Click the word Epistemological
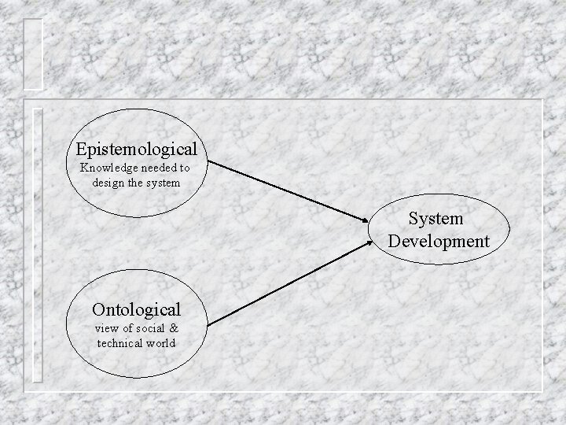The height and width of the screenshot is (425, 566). (137, 147)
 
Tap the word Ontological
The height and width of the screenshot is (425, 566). (136, 309)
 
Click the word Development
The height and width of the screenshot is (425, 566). (438, 240)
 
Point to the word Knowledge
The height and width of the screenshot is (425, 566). (108, 168)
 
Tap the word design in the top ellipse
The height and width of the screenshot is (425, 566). (108, 182)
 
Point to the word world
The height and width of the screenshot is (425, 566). (160, 343)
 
